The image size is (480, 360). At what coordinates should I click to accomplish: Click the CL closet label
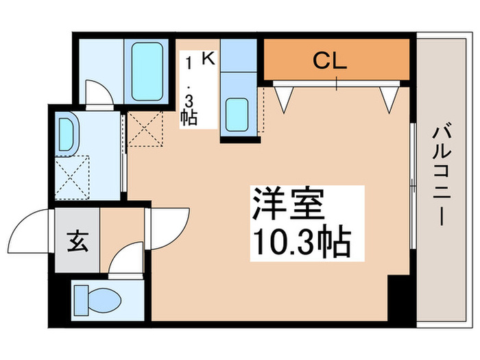point(330,61)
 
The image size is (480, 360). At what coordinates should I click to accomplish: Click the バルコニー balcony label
point(443,176)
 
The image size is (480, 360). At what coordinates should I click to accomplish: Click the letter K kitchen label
point(207,60)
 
